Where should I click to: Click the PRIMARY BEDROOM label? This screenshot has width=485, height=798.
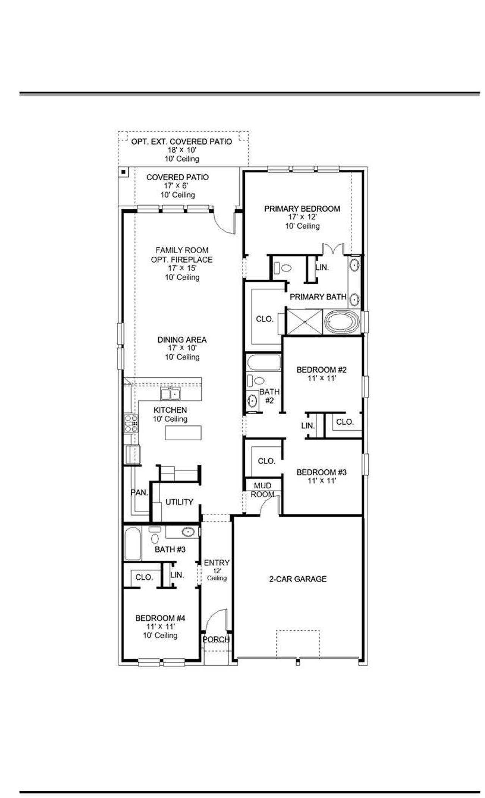[302, 209]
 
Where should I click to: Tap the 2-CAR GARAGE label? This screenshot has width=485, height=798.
[298, 579]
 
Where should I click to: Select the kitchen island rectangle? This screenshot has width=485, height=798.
[183, 433]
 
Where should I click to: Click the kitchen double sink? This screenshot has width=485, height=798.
[170, 394]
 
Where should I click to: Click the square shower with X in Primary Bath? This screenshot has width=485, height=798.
[304, 322]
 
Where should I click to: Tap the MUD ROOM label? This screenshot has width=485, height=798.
[263, 490]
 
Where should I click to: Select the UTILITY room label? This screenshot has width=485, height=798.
[179, 502]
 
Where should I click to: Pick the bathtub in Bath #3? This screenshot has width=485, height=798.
[133, 544]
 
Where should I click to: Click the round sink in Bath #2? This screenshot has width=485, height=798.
[252, 400]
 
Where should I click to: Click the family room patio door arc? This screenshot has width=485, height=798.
[224, 223]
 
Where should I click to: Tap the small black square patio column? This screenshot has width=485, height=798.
[123, 172]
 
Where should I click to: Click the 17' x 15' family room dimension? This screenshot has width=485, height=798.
[182, 268]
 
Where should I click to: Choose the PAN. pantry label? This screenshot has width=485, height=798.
[139, 493]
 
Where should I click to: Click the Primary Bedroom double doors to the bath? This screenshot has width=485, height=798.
[333, 249]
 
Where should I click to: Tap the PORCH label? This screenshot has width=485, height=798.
[216, 639]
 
